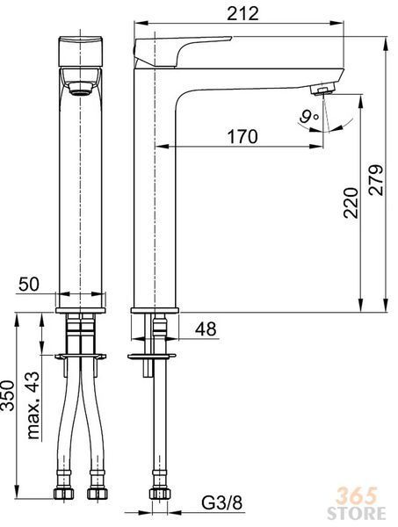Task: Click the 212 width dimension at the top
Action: point(242,13)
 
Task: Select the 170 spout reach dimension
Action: point(242,136)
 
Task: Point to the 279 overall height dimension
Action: point(376,180)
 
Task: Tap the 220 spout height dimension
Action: point(351,203)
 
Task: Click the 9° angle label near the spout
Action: point(308,118)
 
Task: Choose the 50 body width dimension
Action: point(29,284)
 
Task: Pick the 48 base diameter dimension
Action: point(206,328)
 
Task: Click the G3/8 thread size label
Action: point(222,503)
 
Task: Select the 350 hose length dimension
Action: point(8,395)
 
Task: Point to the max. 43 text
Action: point(33,405)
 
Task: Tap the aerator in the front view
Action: point(81,89)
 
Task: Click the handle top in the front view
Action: point(81,51)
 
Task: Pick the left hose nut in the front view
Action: point(64,494)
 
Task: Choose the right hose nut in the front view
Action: point(98,494)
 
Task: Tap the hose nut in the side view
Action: point(160,494)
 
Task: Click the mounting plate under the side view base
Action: point(151,356)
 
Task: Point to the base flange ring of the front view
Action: point(81,310)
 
